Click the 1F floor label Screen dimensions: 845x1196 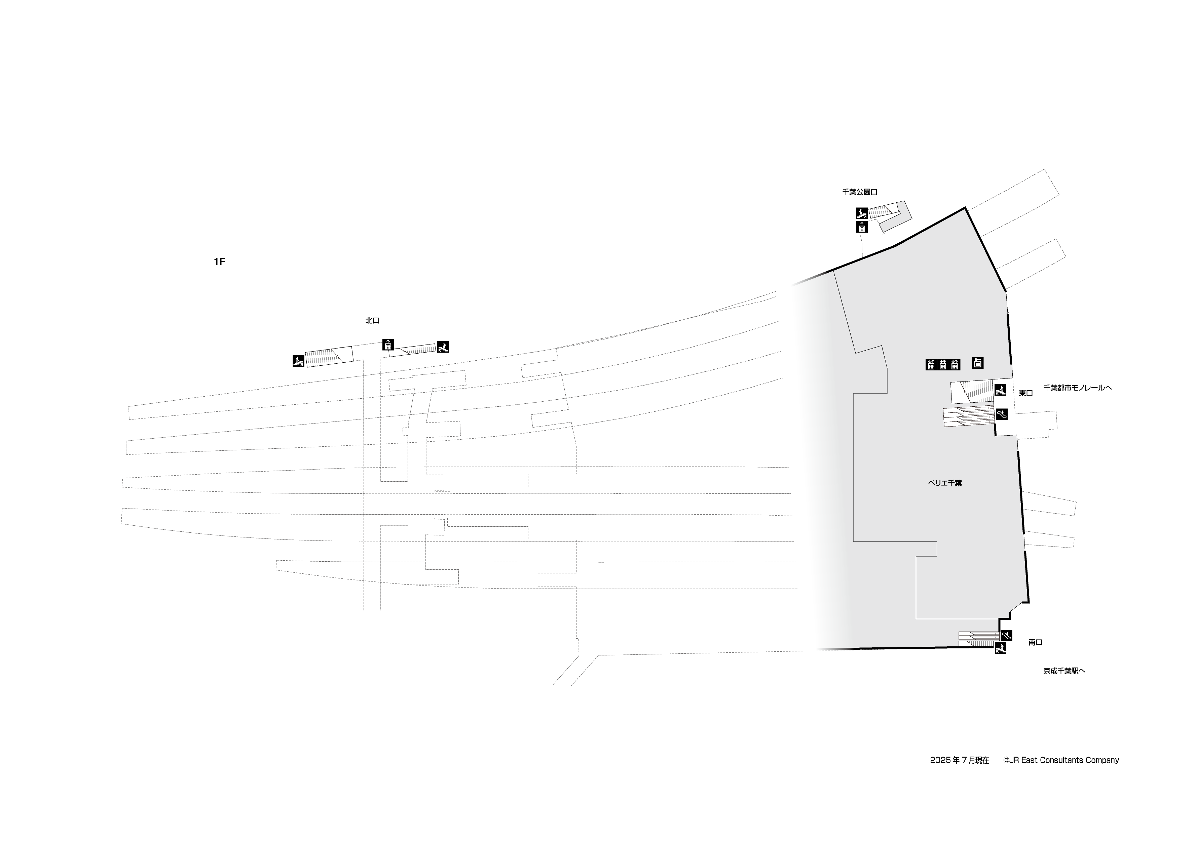click(x=219, y=262)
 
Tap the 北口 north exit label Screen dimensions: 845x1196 click(x=372, y=321)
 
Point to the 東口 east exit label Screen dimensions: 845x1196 click(x=1026, y=393)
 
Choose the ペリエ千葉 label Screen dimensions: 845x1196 click(x=945, y=483)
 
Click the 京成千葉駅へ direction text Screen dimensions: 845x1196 click(x=1064, y=671)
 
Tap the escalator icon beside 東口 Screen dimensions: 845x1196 click(x=1001, y=414)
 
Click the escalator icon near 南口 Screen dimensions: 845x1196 click(x=1006, y=636)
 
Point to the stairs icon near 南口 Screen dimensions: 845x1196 click(x=1000, y=648)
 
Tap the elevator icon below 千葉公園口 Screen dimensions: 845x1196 click(x=862, y=227)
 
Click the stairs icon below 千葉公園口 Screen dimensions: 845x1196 click(x=862, y=213)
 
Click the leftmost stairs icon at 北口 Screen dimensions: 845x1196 click(x=298, y=360)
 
